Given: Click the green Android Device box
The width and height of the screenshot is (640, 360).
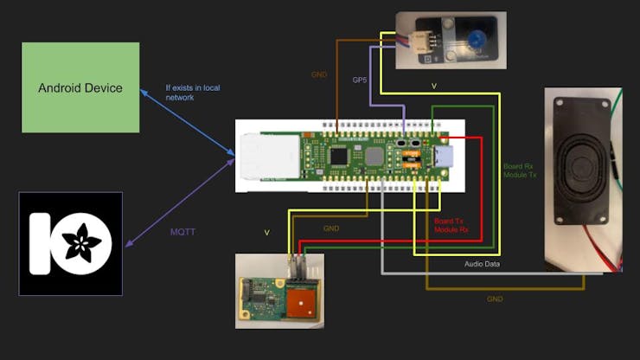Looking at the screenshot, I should click(x=80, y=87).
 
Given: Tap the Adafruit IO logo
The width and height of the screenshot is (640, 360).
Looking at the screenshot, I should click(x=70, y=243).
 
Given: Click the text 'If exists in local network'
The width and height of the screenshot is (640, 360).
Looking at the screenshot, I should click(x=191, y=92).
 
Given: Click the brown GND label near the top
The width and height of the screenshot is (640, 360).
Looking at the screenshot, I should click(x=318, y=74).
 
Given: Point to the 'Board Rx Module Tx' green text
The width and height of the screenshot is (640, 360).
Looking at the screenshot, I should click(x=520, y=170).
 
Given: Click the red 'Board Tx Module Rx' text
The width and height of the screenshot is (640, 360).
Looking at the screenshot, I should click(x=451, y=225).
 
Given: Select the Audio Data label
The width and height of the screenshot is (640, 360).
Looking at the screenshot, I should click(x=482, y=263).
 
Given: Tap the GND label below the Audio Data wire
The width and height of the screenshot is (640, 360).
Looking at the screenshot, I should click(x=494, y=299).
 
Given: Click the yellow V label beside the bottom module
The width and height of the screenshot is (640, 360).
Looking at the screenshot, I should click(x=266, y=232).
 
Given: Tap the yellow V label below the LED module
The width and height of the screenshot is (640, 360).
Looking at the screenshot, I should click(x=433, y=86).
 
